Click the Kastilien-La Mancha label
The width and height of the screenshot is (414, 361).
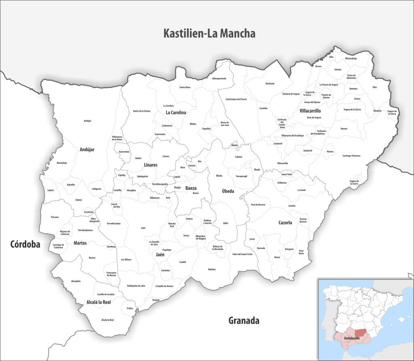tap(209, 34)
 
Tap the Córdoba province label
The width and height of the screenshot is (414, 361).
tap(25, 244)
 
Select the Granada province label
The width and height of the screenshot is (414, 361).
tap(243, 321)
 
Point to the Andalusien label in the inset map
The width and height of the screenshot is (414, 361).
tap(352, 337)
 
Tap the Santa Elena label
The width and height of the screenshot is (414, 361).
tap(185, 87)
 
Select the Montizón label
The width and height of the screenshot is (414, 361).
tap(270, 83)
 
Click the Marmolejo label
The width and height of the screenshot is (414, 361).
tap(61, 163)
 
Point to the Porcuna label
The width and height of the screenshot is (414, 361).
tap(55, 217)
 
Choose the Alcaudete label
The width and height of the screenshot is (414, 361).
tap(76, 281)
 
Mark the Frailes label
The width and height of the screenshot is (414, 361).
tap(130, 308)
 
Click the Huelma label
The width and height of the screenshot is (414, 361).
tap(212, 269)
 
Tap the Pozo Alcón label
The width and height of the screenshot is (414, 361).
tap(301, 252)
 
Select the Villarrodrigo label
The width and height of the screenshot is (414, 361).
tap(351, 59)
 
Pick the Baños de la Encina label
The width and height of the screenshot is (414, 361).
tap(142, 111)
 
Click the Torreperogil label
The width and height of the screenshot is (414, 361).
tap(242, 176)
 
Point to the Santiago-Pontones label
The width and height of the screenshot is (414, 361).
tap(351, 156)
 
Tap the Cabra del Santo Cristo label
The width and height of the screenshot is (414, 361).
tap(242, 254)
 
